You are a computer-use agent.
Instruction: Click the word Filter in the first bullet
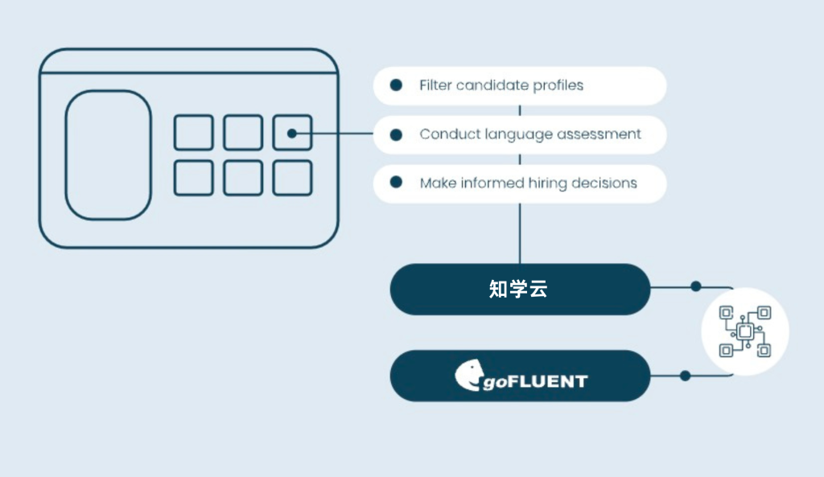[x=435, y=85]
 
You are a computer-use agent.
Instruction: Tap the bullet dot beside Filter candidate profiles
[x=396, y=85]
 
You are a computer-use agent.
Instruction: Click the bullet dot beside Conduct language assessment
[x=396, y=134]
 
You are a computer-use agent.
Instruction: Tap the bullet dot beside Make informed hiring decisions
[x=396, y=183]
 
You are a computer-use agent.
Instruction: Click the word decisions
[x=604, y=183]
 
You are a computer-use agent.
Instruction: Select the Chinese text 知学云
[x=518, y=289]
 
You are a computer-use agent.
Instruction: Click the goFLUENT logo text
[x=535, y=381]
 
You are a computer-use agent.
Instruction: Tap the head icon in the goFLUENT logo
[x=468, y=375]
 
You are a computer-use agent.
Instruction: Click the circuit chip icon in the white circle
[x=745, y=331]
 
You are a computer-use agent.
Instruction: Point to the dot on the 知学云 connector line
[x=696, y=286]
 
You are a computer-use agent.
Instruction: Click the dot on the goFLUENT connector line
[x=685, y=376]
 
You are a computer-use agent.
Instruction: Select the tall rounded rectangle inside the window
[x=109, y=155]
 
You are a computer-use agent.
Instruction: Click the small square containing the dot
[x=293, y=133]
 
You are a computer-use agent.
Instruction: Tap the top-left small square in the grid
[x=194, y=133]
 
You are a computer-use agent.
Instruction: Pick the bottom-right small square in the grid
[x=293, y=178]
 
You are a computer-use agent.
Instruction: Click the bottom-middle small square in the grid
[x=243, y=178]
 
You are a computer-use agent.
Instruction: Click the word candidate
[x=492, y=85]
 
